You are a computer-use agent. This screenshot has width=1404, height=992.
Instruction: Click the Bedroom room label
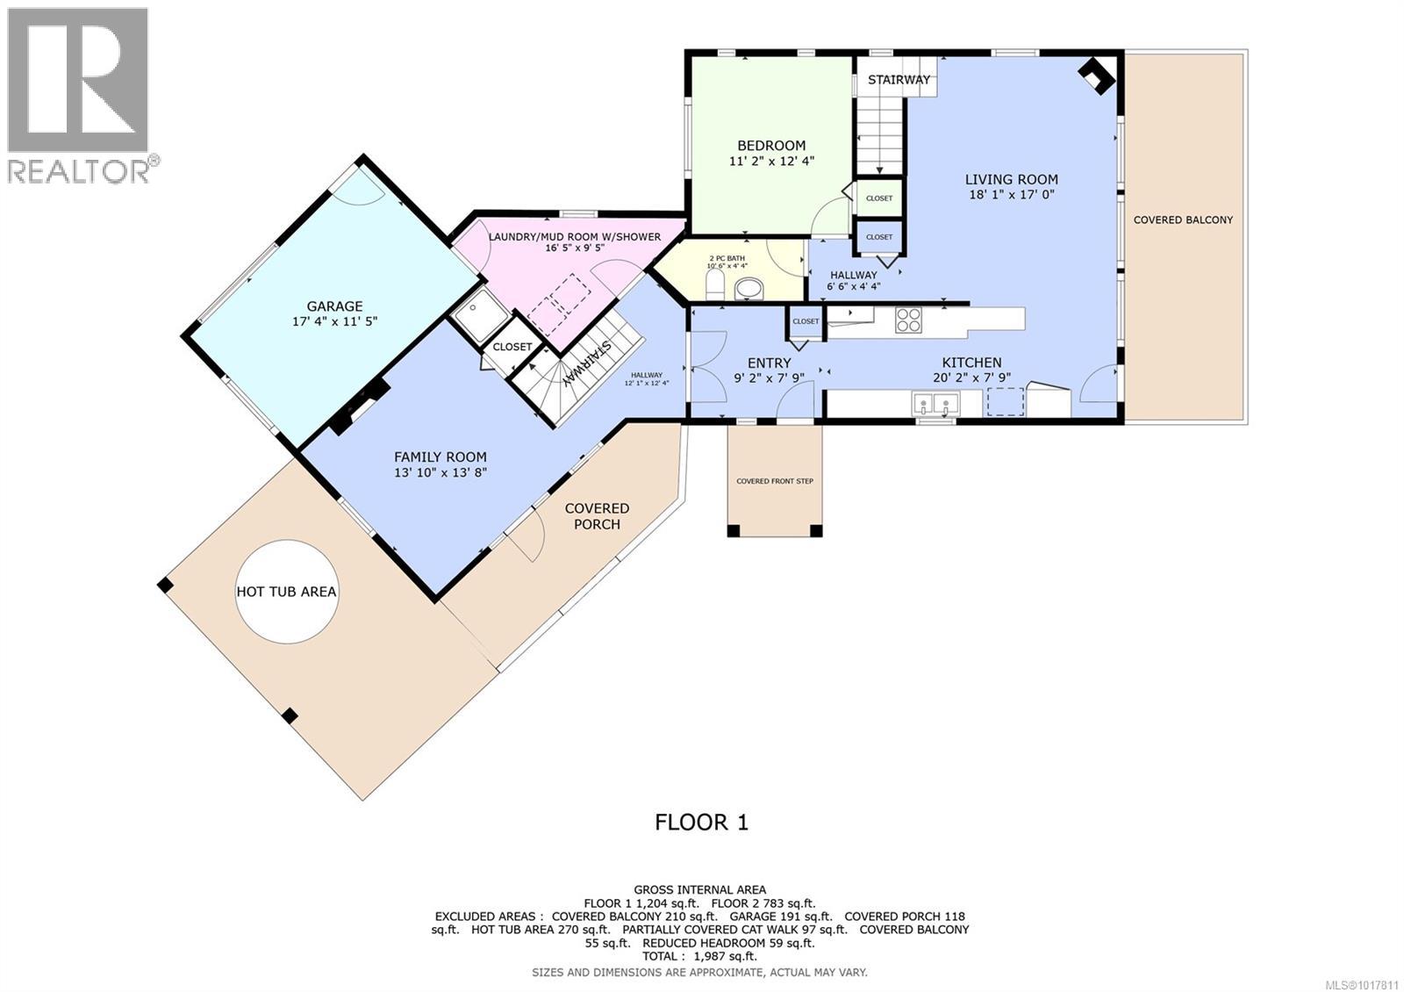(x=770, y=146)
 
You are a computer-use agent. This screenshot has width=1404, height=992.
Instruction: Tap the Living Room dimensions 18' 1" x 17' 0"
(x=1011, y=195)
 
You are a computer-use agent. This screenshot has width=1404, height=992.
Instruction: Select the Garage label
(x=334, y=306)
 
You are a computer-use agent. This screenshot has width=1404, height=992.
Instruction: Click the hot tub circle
(x=286, y=591)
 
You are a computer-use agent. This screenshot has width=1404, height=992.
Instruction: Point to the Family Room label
(x=440, y=456)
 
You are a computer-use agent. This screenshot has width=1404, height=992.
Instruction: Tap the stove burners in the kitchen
(x=908, y=320)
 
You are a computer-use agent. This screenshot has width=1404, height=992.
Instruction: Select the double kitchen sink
(x=935, y=404)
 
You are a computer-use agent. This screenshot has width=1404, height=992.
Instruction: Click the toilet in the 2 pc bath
(x=715, y=284)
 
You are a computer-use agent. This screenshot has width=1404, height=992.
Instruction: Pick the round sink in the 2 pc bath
(x=749, y=287)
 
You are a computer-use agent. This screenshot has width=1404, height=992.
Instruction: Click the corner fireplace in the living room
(x=1096, y=76)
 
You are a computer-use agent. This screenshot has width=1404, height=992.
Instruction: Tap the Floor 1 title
(x=701, y=822)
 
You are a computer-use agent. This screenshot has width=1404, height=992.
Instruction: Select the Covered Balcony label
(x=1182, y=219)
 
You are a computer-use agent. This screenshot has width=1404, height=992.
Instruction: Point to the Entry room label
(x=769, y=363)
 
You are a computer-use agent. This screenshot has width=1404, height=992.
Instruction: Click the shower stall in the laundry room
(x=479, y=315)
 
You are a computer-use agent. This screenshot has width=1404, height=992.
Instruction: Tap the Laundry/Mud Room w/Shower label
(x=574, y=237)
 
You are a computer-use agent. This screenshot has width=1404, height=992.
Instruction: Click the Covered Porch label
(x=597, y=516)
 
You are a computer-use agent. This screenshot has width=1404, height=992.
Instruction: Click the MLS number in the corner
(x=1365, y=984)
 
